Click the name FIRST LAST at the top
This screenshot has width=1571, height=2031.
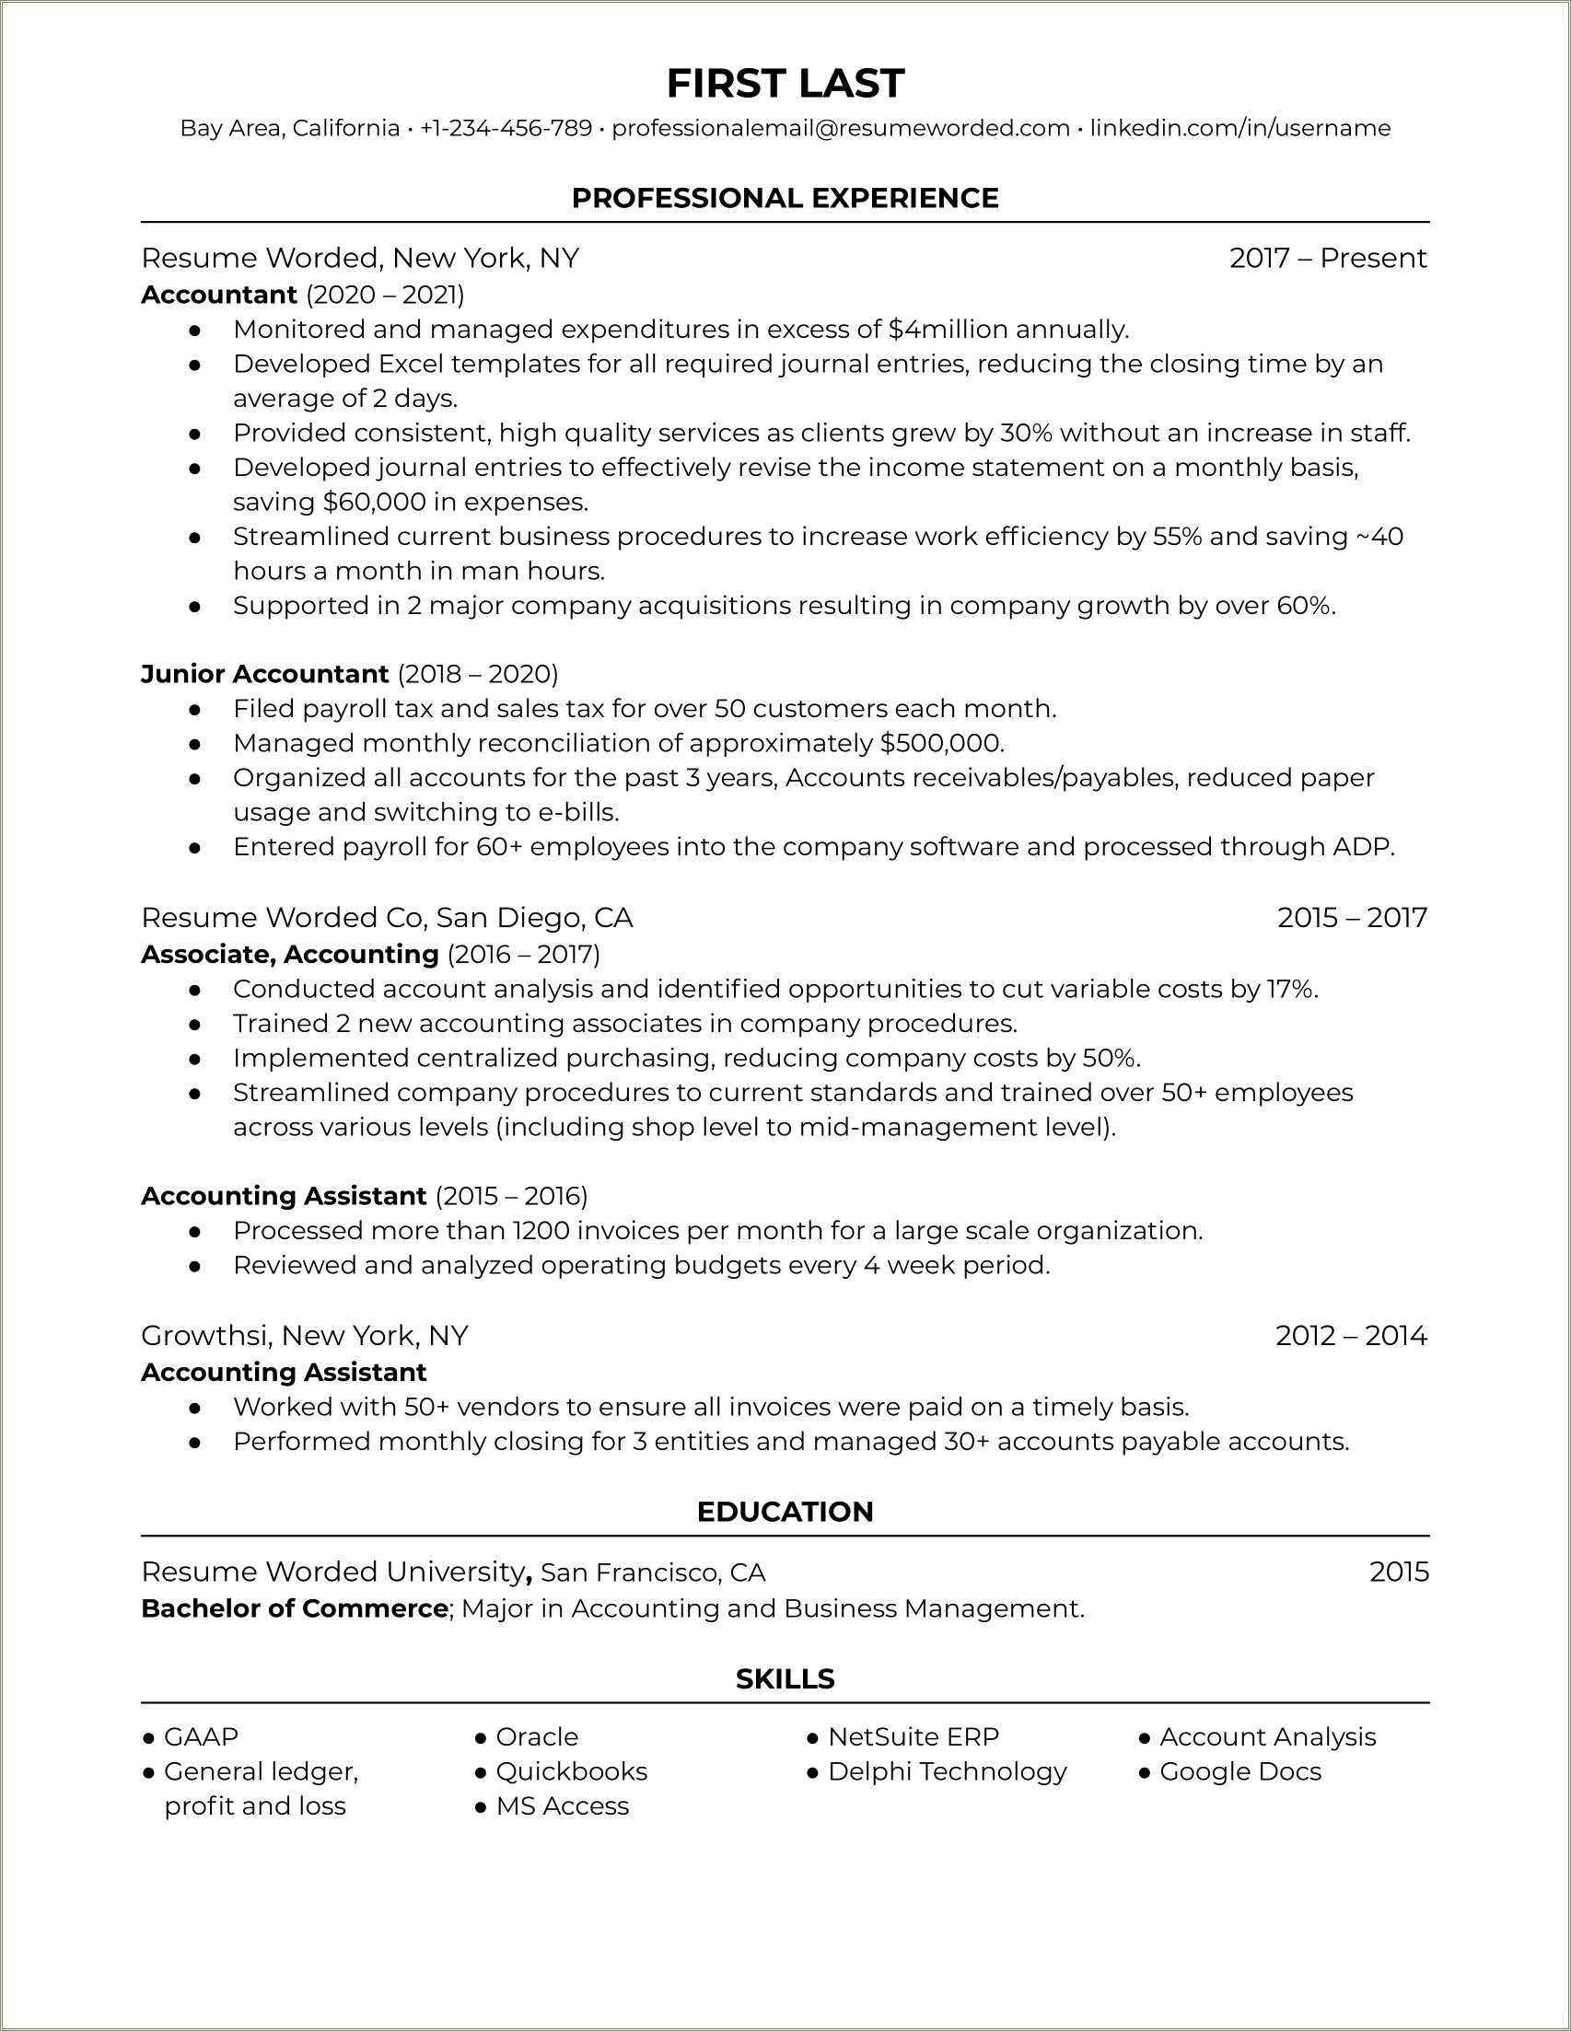785,84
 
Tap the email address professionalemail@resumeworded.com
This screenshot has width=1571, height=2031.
840,128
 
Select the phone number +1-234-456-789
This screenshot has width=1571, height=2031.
505,128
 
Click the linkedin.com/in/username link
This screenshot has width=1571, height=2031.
1239,128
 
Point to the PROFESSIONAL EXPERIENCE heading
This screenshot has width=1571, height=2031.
785,198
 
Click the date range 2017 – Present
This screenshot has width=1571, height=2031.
1327,258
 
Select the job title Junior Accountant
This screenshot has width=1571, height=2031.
264,673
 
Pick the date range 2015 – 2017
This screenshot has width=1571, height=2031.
1352,918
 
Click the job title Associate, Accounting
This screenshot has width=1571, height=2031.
289,954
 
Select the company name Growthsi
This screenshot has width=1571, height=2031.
204,1335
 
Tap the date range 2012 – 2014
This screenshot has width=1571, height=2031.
1351,1335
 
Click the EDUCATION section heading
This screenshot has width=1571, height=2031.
785,1512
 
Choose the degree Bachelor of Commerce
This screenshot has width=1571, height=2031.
294,1607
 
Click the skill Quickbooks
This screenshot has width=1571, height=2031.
571,1770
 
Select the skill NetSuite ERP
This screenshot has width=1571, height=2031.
913,1736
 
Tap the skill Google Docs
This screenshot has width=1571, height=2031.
1239,1770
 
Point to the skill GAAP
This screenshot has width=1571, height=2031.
201,1736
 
